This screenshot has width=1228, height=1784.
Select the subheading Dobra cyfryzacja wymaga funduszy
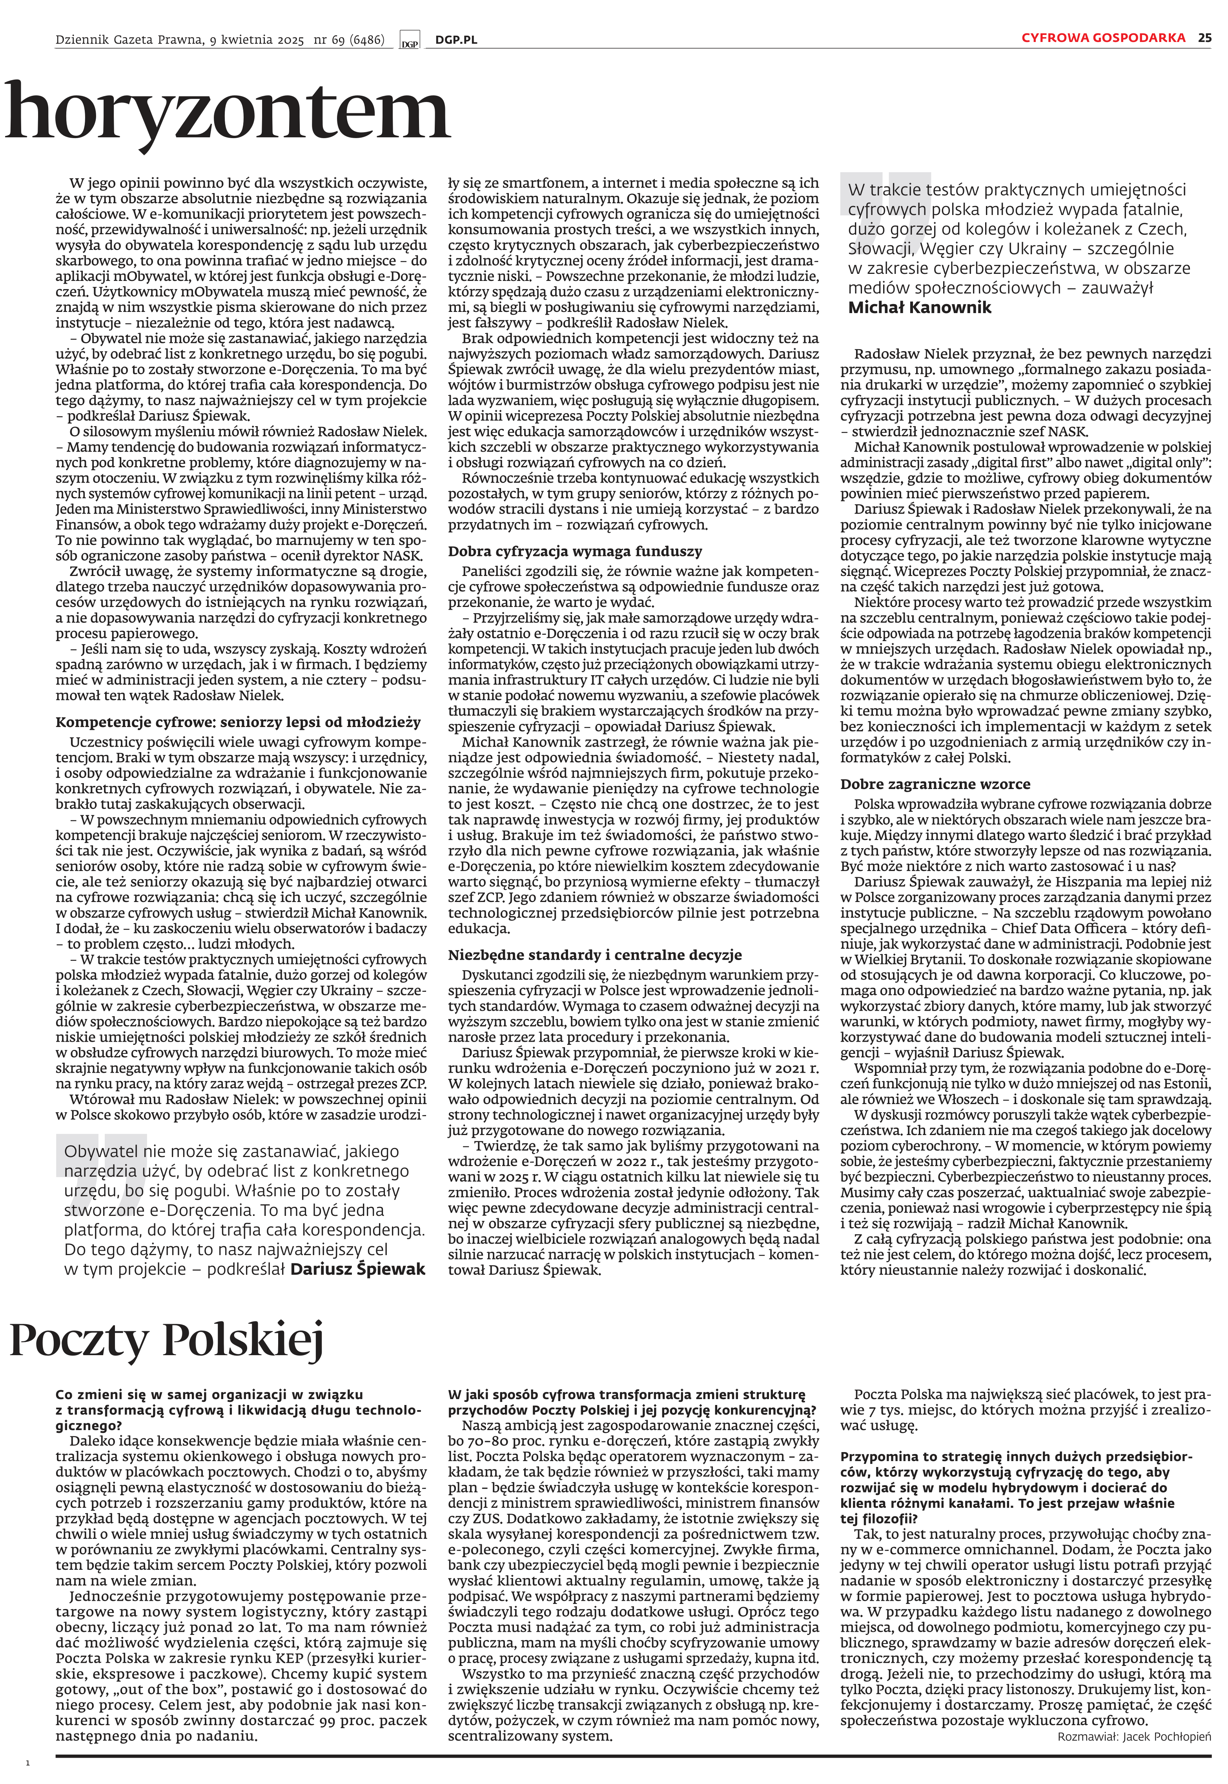click(x=575, y=552)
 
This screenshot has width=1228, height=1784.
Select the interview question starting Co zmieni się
click(x=239, y=1410)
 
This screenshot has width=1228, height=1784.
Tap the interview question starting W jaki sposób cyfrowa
click(x=631, y=1402)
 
